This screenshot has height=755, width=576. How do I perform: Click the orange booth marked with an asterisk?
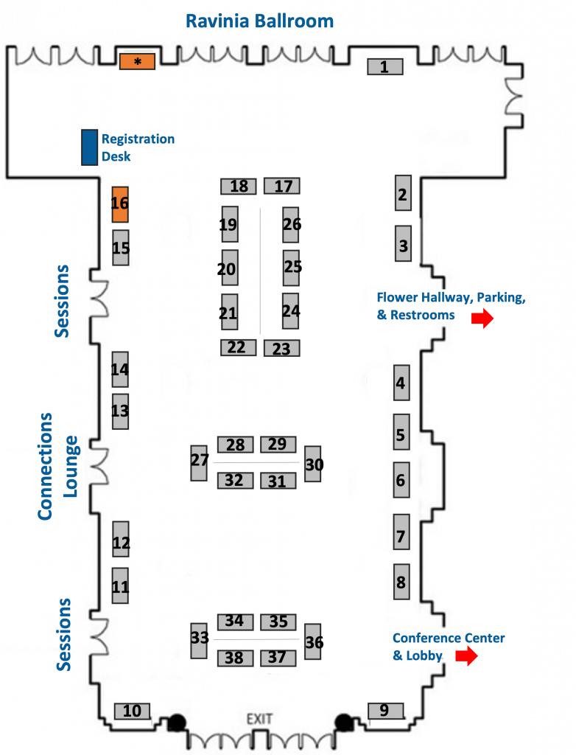point(137,62)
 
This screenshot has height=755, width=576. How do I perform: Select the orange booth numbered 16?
point(120,204)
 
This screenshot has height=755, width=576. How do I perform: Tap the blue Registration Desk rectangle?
point(89,147)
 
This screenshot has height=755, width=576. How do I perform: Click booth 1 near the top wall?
point(385,66)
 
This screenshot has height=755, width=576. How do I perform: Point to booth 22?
point(238,347)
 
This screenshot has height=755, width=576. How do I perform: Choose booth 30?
point(313,464)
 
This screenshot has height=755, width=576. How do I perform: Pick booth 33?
point(199,641)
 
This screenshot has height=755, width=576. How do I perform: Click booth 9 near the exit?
point(386,711)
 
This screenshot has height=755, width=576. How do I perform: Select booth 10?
point(133,711)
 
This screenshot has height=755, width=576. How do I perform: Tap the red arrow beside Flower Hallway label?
point(482,319)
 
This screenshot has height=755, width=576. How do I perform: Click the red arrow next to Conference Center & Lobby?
point(466,655)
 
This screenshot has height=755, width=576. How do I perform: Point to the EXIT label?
point(259,719)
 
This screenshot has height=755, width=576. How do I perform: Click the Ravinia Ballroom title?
point(260,21)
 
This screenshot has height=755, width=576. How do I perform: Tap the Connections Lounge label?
point(57,466)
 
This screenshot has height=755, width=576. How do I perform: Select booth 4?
point(402,383)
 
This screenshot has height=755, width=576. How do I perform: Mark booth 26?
point(291,225)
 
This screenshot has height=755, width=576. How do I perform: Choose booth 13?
point(120,411)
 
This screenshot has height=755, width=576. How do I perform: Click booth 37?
point(278,658)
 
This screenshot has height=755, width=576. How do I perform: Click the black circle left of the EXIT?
point(177,723)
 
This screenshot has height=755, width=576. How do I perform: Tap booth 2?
point(403,192)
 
